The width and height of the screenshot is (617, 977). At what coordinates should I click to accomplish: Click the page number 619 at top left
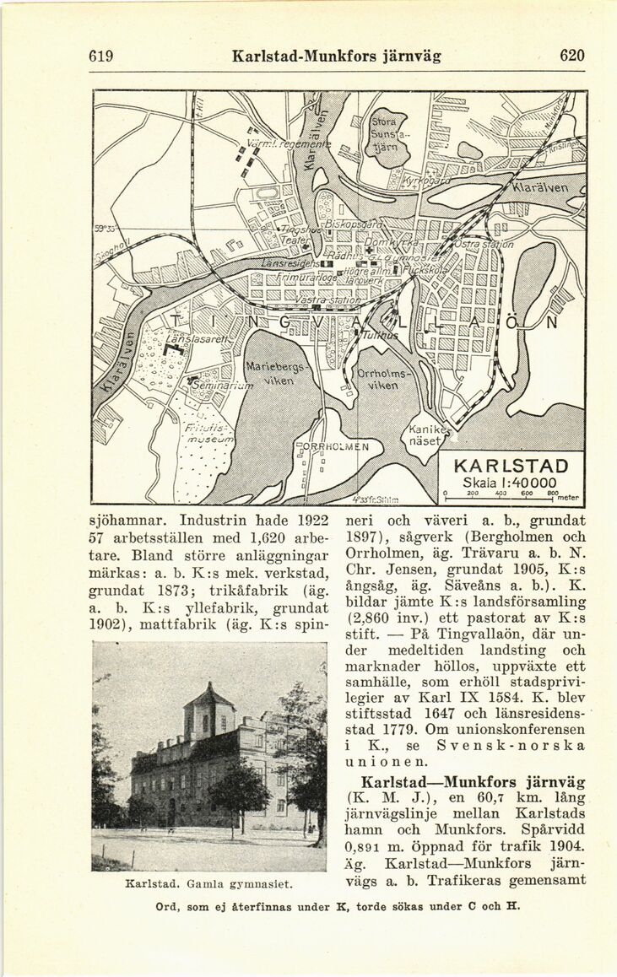point(101,57)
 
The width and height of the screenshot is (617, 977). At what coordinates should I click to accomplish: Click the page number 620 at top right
point(571,56)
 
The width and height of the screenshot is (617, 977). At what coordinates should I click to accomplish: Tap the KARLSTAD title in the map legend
point(511,467)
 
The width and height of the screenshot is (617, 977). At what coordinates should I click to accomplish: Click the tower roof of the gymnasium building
point(208,697)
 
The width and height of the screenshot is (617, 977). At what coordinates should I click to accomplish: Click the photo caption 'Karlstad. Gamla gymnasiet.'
point(208,883)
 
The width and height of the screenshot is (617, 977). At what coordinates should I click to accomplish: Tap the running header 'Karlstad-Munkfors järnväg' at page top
point(336,57)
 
